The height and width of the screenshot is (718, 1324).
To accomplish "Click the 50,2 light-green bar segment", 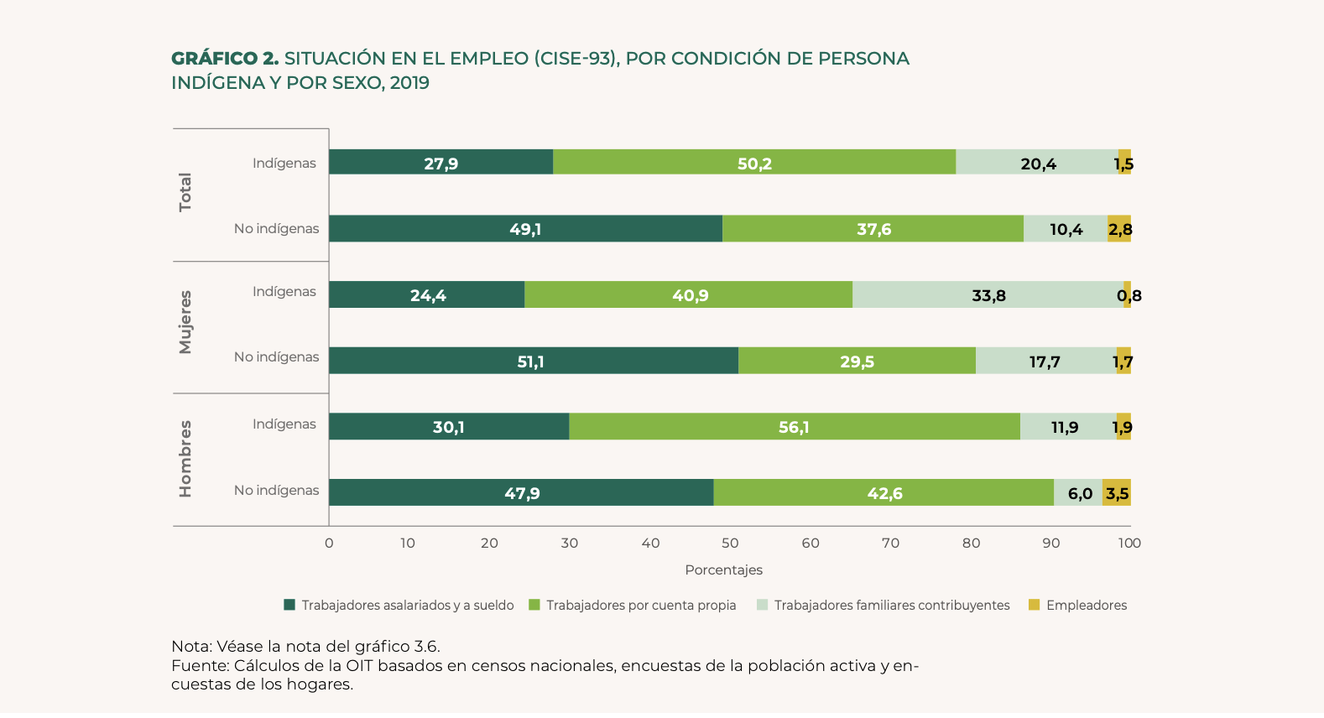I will (753, 163).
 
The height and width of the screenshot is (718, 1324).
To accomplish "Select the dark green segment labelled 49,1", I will (525, 229).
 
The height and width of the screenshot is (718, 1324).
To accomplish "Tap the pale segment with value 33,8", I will (988, 295).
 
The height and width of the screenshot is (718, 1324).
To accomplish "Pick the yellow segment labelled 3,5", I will (1117, 493).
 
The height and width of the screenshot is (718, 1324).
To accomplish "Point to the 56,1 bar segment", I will (794, 427).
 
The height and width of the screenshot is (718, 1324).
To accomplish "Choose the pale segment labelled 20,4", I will (1037, 163).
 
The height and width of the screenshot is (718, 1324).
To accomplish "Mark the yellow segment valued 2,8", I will (1119, 229).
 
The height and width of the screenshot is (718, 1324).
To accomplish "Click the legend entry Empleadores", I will (1086, 605).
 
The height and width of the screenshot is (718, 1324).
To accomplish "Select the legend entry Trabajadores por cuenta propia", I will (641, 605).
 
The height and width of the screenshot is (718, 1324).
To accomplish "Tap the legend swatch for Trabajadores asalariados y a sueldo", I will (289, 605).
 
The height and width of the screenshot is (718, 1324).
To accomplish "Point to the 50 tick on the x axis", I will (730, 543).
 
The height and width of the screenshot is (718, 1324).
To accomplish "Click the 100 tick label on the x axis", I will (1129, 543).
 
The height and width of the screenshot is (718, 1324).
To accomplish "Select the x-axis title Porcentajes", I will (723, 570).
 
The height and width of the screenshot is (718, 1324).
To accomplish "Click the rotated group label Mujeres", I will (185, 322).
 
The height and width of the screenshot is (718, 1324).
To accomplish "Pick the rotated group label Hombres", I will (185, 458).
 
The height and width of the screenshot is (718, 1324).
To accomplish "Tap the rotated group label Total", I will (185, 192).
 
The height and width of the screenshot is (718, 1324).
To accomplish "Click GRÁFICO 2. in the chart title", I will (224, 58).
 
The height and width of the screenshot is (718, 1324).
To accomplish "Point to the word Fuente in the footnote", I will (200, 665).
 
